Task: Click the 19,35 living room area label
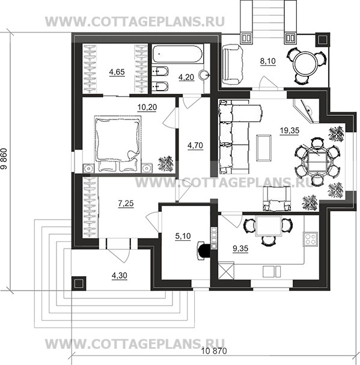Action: click(x=290, y=131)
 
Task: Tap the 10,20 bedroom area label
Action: click(x=147, y=107)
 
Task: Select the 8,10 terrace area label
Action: click(x=268, y=61)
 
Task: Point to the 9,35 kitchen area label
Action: click(x=240, y=249)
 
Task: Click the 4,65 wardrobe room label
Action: click(x=117, y=72)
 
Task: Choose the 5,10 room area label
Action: click(x=183, y=236)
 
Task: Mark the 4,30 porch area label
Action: click(x=120, y=276)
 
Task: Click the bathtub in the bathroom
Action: click(x=177, y=54)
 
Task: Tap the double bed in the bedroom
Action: click(x=118, y=144)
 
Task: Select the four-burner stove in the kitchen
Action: click(x=310, y=239)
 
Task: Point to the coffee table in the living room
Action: click(x=264, y=148)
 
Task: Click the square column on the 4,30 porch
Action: click(x=79, y=283)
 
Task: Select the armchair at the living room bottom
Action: click(x=277, y=199)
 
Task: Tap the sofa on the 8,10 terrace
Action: click(x=233, y=64)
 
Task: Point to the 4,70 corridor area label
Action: click(x=195, y=145)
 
